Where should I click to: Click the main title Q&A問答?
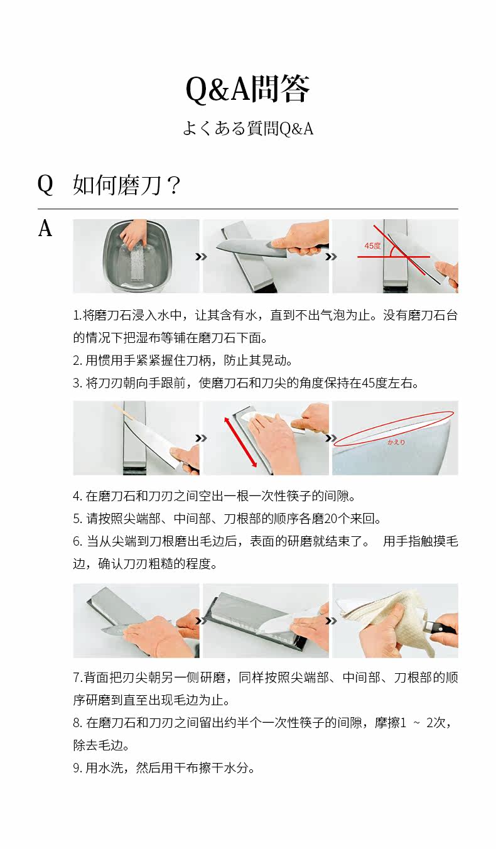click(248, 89)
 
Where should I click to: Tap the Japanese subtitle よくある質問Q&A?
click(248, 129)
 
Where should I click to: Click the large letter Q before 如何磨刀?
click(45, 185)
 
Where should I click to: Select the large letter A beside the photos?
click(45, 229)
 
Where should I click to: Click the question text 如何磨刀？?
click(127, 185)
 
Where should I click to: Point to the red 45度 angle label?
click(372, 246)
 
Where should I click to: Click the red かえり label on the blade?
click(396, 442)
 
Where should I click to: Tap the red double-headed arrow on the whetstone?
click(240, 442)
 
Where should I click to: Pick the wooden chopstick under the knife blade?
click(126, 414)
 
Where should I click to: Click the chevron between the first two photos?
click(201, 257)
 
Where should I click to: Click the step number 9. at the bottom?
click(78, 768)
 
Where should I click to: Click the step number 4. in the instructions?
click(78, 496)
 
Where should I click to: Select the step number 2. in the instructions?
click(78, 360)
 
